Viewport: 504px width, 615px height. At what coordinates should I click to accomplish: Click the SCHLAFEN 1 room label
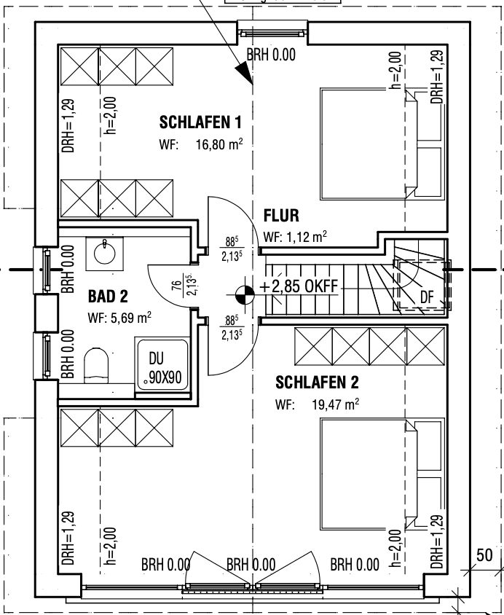tap(200, 122)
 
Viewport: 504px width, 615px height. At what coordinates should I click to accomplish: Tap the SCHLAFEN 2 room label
tap(317, 383)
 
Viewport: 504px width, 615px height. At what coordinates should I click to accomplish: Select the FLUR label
tap(281, 216)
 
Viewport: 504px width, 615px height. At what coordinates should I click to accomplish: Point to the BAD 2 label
tap(108, 297)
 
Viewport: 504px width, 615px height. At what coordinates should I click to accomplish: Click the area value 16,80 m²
tap(218, 144)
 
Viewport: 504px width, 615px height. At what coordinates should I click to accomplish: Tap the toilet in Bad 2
tap(97, 364)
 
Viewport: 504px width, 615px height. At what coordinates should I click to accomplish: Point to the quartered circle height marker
tap(245, 294)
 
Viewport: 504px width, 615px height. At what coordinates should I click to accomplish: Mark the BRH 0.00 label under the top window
tap(271, 56)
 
